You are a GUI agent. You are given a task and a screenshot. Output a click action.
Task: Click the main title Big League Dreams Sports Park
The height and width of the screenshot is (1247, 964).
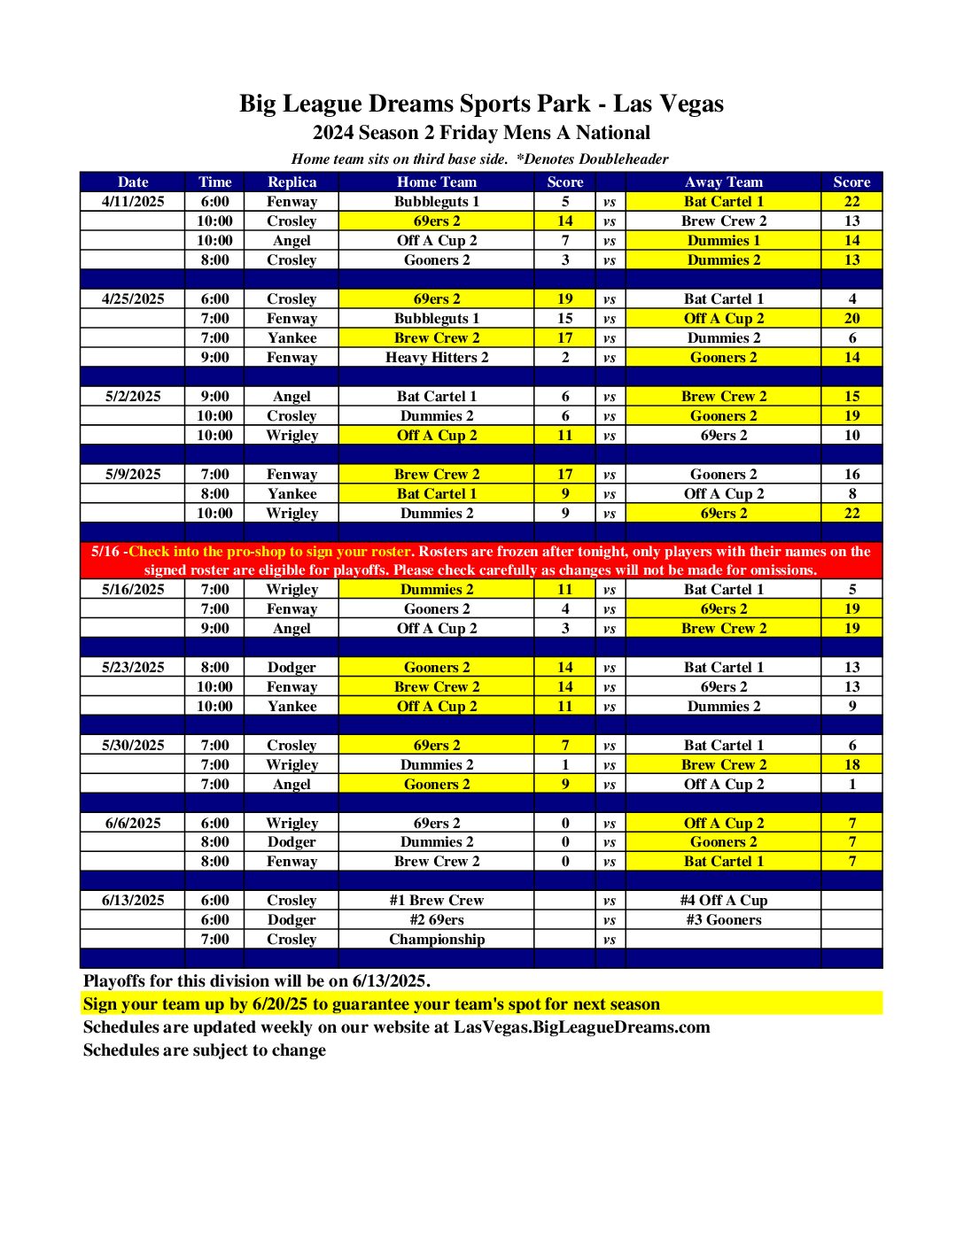pyautogui.click(x=481, y=104)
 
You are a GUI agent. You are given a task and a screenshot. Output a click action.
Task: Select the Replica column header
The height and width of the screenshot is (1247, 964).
pyautogui.click(x=292, y=182)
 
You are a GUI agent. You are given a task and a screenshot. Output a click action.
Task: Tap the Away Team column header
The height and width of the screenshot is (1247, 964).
pyautogui.click(x=723, y=182)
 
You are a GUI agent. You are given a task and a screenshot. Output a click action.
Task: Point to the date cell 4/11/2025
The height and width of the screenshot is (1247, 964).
pyautogui.click(x=133, y=201)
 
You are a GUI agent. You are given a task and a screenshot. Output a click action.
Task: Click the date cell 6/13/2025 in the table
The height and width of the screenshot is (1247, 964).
pyautogui.click(x=133, y=900)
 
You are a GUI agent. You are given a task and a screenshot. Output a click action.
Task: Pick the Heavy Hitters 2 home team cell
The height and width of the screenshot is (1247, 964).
pyautogui.click(x=437, y=357)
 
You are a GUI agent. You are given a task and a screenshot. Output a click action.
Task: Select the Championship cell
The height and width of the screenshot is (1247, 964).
pyautogui.click(x=437, y=939)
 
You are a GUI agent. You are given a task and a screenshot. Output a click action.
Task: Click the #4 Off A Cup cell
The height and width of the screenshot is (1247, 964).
pyautogui.click(x=723, y=900)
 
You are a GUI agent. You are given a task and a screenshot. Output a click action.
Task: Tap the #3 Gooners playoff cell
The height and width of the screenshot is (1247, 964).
pyautogui.click(x=723, y=919)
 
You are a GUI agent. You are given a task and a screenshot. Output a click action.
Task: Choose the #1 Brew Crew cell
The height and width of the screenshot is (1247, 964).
pyautogui.click(x=437, y=900)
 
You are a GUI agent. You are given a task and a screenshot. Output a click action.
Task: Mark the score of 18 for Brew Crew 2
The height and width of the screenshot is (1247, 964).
pyautogui.click(x=851, y=764)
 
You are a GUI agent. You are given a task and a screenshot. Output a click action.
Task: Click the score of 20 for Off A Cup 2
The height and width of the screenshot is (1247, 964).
pyautogui.click(x=851, y=318)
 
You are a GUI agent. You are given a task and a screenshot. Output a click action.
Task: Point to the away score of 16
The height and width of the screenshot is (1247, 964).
pyautogui.click(x=851, y=474)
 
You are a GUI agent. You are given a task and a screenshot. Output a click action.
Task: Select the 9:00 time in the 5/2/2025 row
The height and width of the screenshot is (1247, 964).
pyautogui.click(x=214, y=396)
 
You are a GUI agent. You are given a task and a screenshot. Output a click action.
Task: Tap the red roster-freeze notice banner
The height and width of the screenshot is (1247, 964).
pyautogui.click(x=481, y=561)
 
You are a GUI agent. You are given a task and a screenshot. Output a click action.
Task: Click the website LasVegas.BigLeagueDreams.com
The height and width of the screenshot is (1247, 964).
pyautogui.click(x=582, y=1027)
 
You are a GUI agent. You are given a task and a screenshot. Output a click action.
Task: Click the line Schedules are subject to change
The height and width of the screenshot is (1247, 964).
pyautogui.click(x=205, y=1050)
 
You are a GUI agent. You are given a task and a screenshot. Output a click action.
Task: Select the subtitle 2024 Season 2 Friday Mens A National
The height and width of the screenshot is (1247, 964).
pyautogui.click(x=481, y=133)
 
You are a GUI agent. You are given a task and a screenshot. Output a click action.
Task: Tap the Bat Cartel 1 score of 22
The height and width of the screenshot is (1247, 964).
pyautogui.click(x=851, y=201)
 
